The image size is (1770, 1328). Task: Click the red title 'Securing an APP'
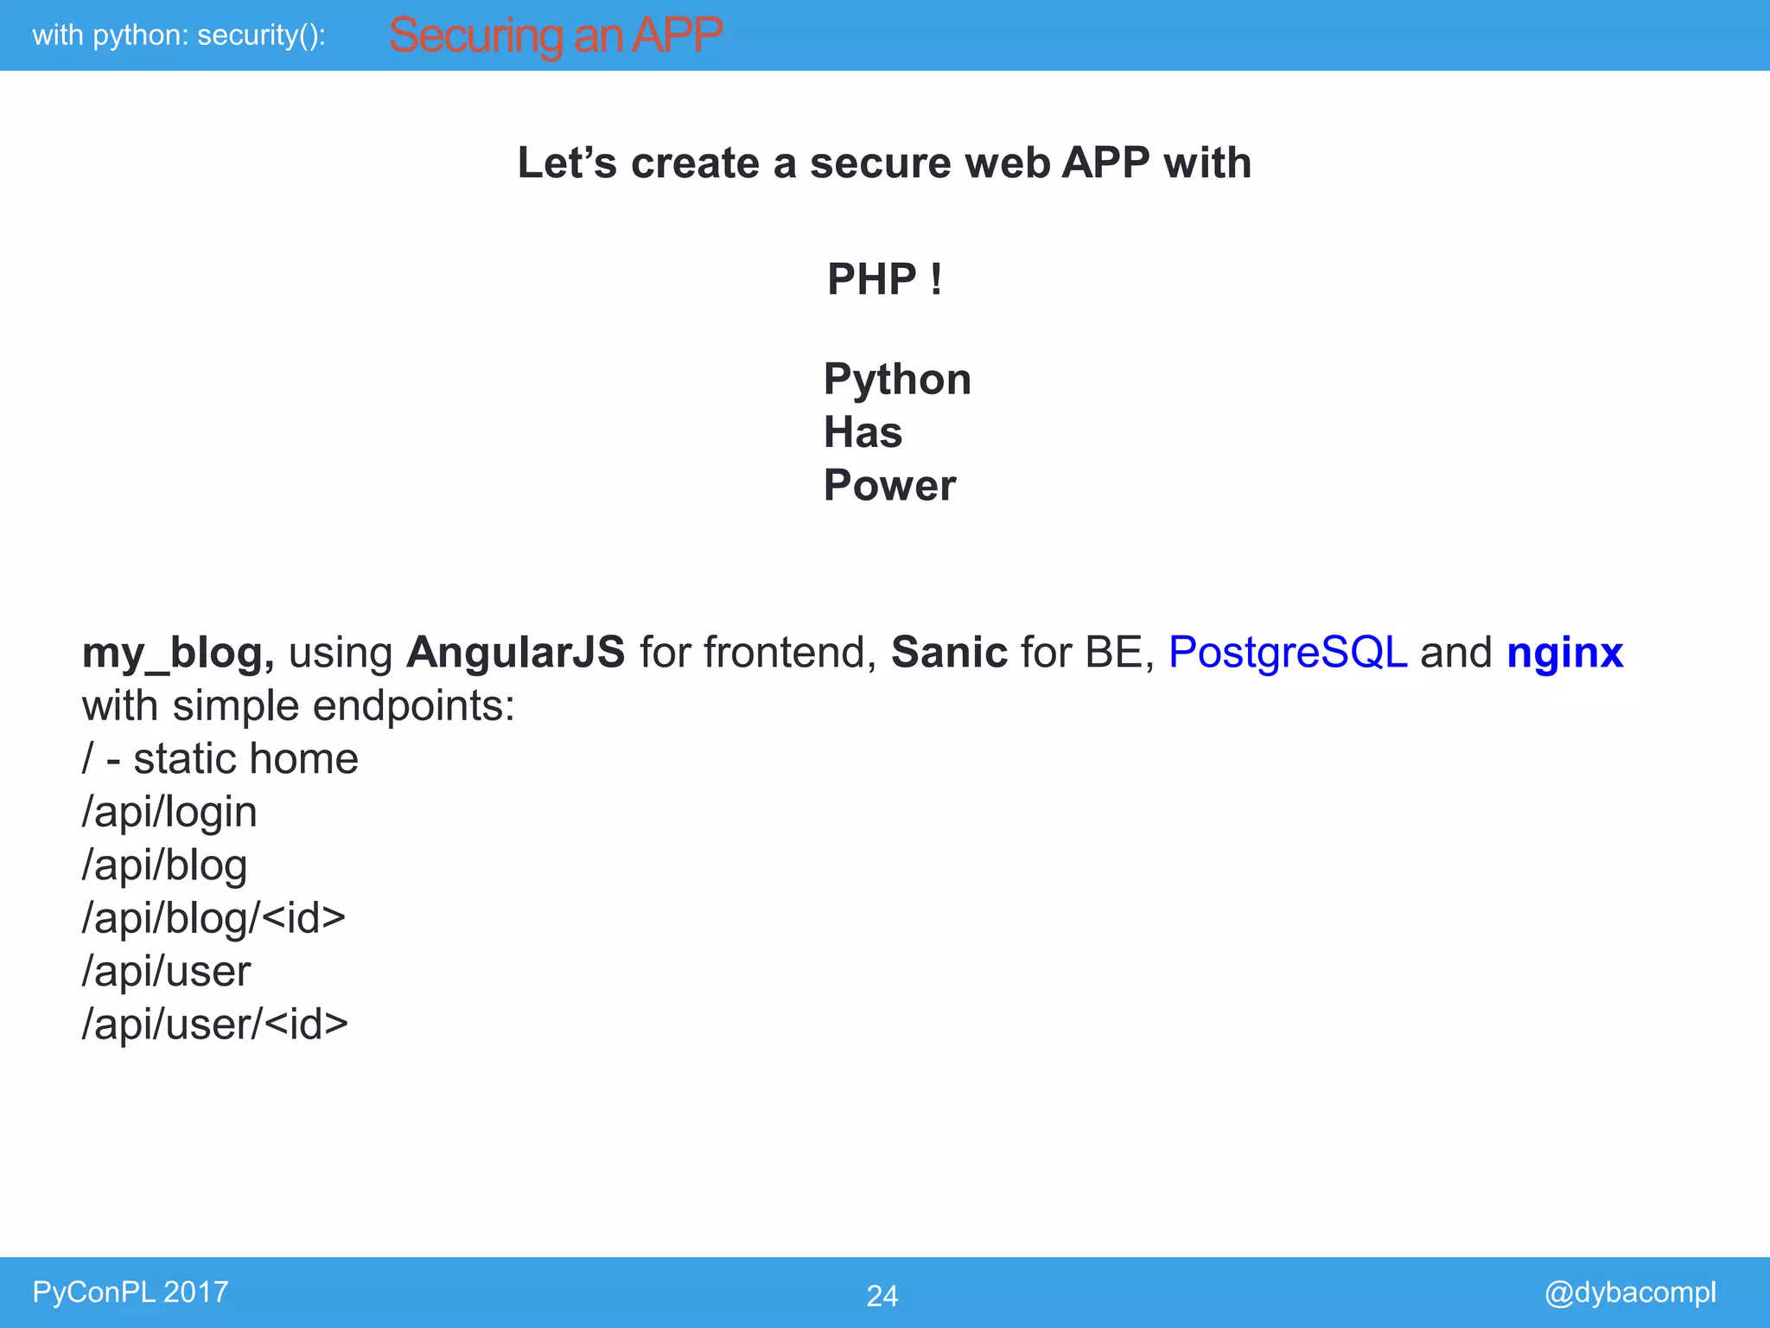pos(555,36)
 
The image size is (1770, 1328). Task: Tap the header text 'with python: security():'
pos(179,35)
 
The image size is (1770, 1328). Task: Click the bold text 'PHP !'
pos(884,279)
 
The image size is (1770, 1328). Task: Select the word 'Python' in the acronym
pos(897,380)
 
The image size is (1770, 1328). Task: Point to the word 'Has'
pos(863,432)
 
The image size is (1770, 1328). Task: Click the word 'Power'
pos(889,485)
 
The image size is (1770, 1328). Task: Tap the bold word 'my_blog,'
pos(178,653)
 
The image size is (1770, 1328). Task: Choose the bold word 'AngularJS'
pos(516,652)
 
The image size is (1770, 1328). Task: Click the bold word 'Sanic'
pos(949,652)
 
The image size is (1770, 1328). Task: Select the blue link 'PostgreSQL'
pos(1288,653)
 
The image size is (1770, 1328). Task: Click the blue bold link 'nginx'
pos(1565,653)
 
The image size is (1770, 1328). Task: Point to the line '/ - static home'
pos(220,759)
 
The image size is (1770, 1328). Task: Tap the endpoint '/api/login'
pos(169,813)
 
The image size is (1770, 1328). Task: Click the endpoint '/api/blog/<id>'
pos(213,918)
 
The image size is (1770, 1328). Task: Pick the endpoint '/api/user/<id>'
pos(214,1025)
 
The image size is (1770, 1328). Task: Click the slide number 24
pos(882,1295)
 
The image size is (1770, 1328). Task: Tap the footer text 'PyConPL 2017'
pos(131,1292)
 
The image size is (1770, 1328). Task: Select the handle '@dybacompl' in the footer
pos(1630,1293)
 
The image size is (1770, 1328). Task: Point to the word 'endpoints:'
pos(413,706)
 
